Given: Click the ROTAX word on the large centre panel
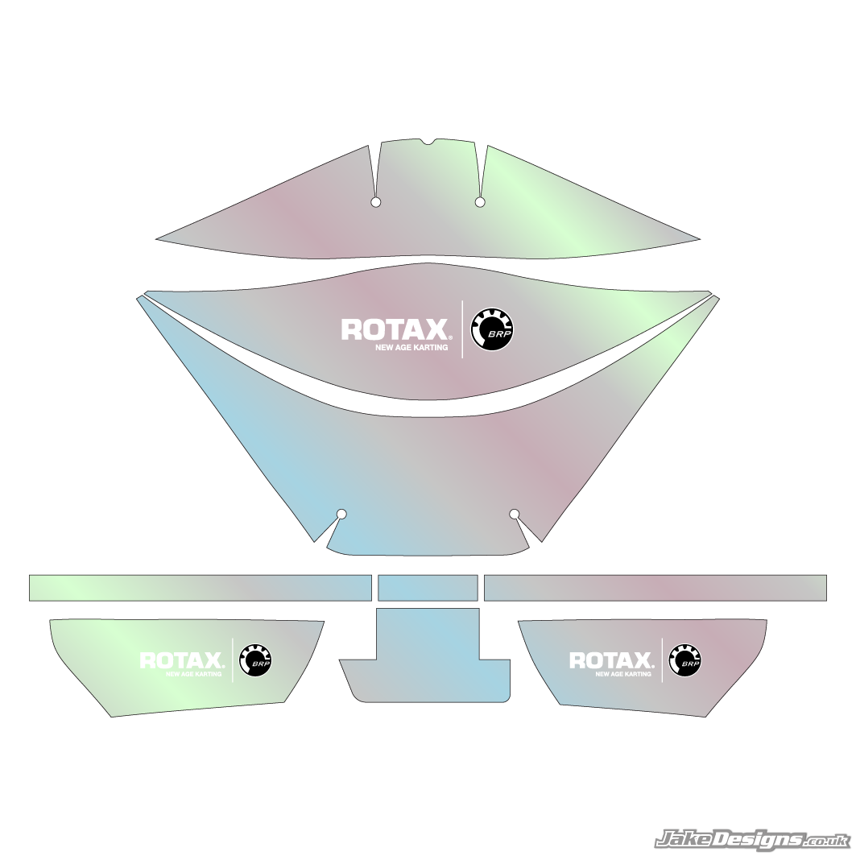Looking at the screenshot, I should (395, 329).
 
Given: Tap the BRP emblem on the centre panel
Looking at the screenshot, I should (492, 329).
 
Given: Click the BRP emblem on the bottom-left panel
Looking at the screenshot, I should (255, 660).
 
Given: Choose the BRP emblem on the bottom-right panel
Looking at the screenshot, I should (685, 660).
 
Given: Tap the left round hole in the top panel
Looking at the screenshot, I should (375, 202).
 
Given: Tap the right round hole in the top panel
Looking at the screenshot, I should (480, 201).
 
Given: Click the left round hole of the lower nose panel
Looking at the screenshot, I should (341, 514).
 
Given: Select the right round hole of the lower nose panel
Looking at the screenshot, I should (515, 514).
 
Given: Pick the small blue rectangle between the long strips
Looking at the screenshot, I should (428, 587).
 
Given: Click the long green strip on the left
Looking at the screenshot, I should (200, 587).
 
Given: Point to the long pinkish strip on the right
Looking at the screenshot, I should (655, 587).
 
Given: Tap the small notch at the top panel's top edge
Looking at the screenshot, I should (431, 143).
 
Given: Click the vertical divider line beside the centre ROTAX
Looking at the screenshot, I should (462, 329).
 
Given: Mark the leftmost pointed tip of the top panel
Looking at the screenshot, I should (157, 239).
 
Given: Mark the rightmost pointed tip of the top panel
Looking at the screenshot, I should (698, 239).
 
